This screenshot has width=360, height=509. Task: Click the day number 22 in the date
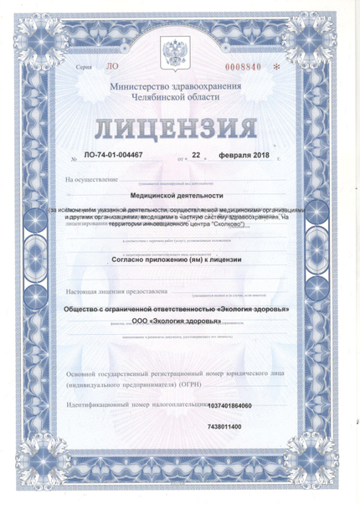point(197,156)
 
